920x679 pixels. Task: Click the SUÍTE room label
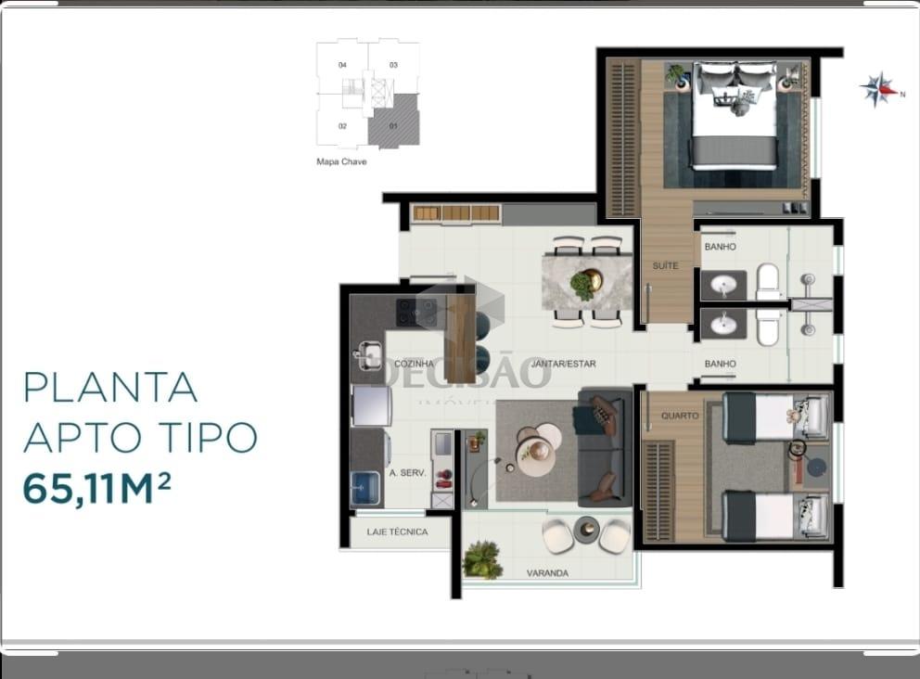pos(665,266)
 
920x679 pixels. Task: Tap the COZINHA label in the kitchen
pos(415,364)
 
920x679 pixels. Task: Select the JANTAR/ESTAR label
pos(564,364)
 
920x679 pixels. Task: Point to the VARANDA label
pos(547,573)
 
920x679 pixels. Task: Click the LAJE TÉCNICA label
pos(397,532)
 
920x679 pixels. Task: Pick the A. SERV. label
pos(408,473)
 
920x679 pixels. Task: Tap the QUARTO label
pos(681,416)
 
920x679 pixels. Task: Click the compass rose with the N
pos(877,90)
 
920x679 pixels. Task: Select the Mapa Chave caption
pos(341,161)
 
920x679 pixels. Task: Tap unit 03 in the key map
pos(393,65)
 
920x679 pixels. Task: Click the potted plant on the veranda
pos(481,560)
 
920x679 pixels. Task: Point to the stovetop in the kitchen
pos(416,313)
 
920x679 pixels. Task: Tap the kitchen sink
pos(368,354)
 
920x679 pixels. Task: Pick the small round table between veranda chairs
pos(586,530)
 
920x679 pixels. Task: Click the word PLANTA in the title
pos(110,387)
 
